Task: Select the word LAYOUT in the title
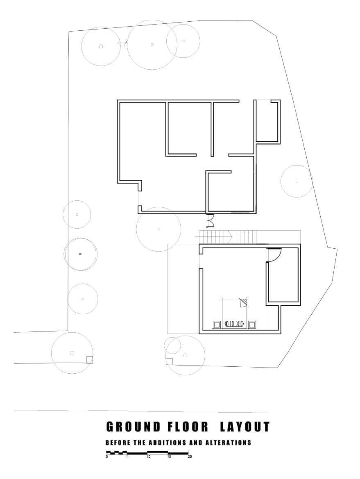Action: coord(245,427)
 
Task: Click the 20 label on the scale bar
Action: coord(190,456)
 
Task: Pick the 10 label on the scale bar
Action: coord(148,456)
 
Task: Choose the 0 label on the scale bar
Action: coord(107,456)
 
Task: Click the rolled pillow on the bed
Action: coord(234,324)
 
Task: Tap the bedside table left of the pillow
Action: coord(217,325)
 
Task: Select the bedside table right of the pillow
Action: coord(252,325)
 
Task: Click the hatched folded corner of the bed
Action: coord(244,302)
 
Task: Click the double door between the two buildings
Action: coord(211,221)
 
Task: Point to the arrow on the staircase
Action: coord(230,236)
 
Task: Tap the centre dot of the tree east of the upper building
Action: coord(297,181)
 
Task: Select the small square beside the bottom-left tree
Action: coord(89,360)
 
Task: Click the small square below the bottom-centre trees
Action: coord(169,361)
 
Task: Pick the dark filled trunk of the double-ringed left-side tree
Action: coord(80,254)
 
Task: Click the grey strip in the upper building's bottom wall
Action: coord(240,212)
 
